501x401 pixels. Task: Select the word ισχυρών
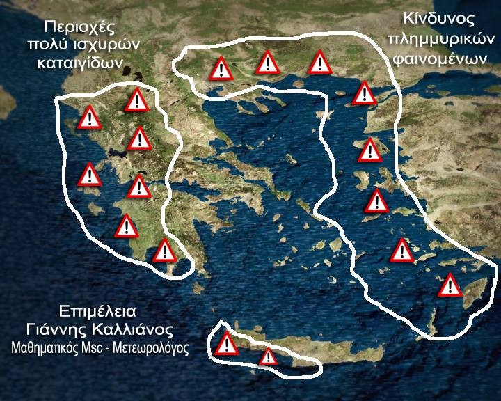[111, 45]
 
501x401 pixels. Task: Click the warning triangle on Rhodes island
[450, 285]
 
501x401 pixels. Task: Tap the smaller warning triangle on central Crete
[268, 357]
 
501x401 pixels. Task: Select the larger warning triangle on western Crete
[227, 344]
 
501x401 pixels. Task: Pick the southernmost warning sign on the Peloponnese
[164, 251]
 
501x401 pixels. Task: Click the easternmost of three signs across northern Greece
[319, 63]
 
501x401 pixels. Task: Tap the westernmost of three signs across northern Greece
[221, 69]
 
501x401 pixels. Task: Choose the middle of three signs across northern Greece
[268, 63]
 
